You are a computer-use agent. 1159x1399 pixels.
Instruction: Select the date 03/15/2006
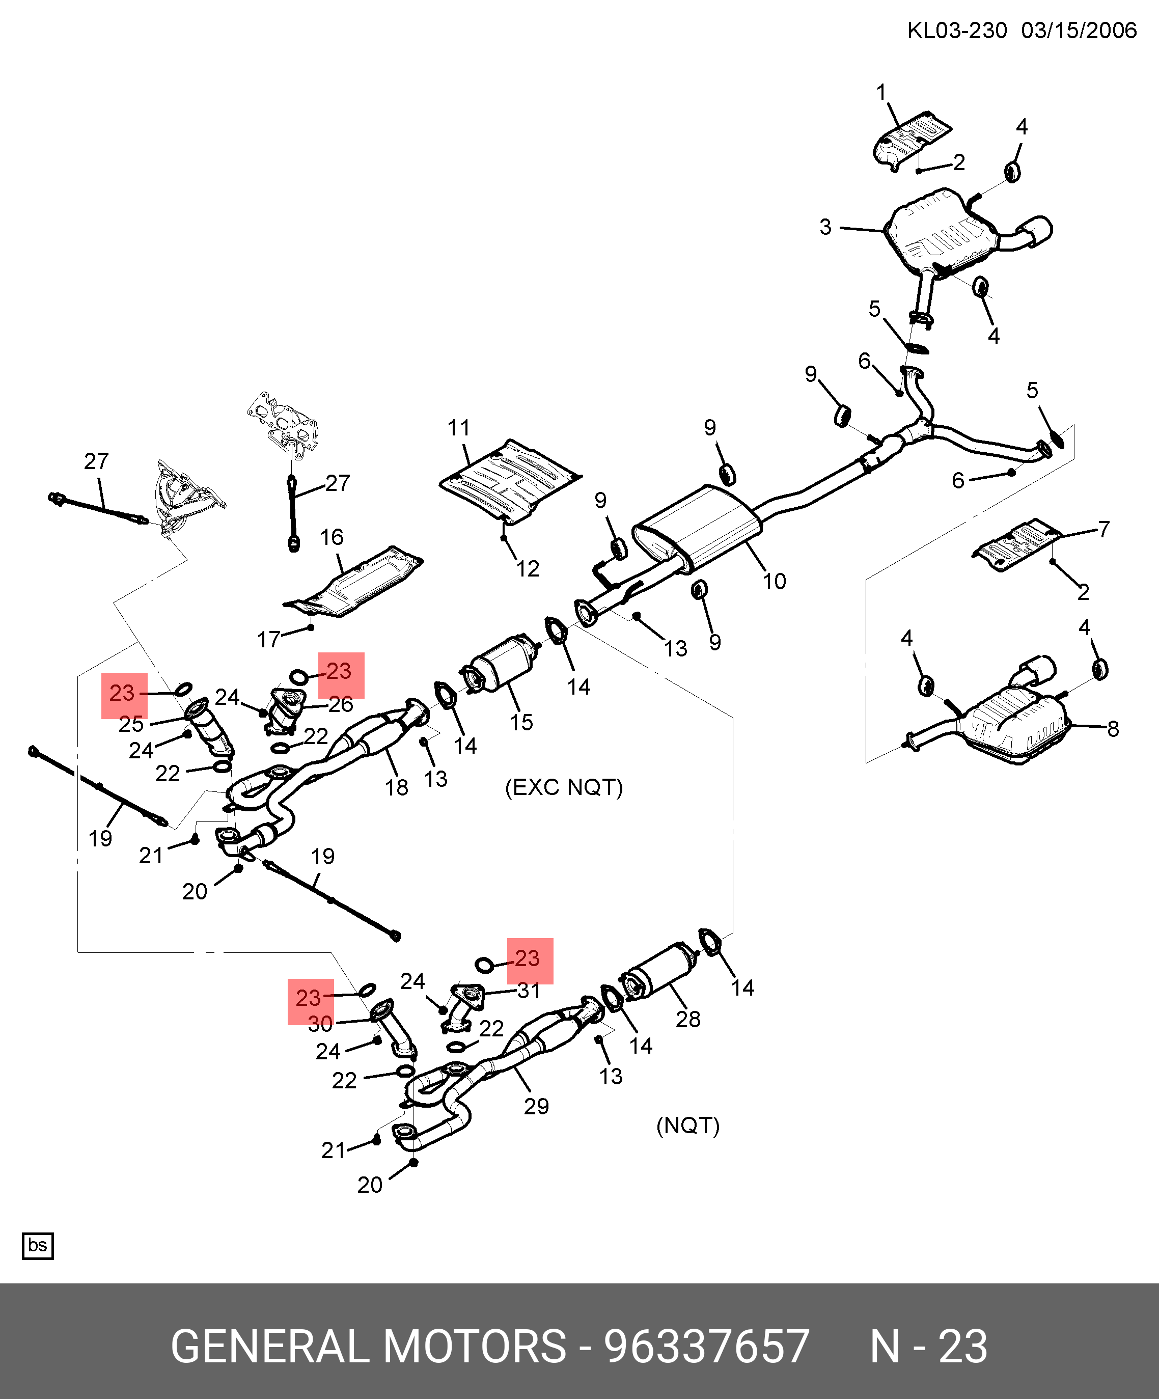[x=1079, y=31]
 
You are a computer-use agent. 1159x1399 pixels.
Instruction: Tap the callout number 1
[x=881, y=92]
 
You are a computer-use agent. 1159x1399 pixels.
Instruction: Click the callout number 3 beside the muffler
[x=825, y=227]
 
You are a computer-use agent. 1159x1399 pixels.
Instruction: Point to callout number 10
[x=774, y=582]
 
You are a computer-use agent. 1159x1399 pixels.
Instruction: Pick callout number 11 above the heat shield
[x=458, y=428]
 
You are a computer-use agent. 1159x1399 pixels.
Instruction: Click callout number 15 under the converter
[x=521, y=722]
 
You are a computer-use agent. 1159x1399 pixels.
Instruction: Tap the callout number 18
[x=396, y=787]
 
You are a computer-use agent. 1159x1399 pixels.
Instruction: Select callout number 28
[x=687, y=1019]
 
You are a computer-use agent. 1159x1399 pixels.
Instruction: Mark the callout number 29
[x=536, y=1107]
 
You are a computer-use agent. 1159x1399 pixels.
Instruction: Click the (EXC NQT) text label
[x=564, y=787]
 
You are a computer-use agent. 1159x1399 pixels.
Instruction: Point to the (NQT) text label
[x=687, y=1126]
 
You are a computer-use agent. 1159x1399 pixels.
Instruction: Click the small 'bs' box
[x=37, y=1245]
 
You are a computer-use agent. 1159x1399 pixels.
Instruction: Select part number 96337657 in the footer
[x=706, y=1347]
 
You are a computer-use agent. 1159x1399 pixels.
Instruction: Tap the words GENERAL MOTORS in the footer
[x=368, y=1347]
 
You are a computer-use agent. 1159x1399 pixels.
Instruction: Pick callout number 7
[x=1103, y=529]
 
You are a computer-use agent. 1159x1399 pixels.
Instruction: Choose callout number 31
[x=529, y=991]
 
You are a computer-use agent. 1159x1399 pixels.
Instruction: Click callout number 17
[x=268, y=640]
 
